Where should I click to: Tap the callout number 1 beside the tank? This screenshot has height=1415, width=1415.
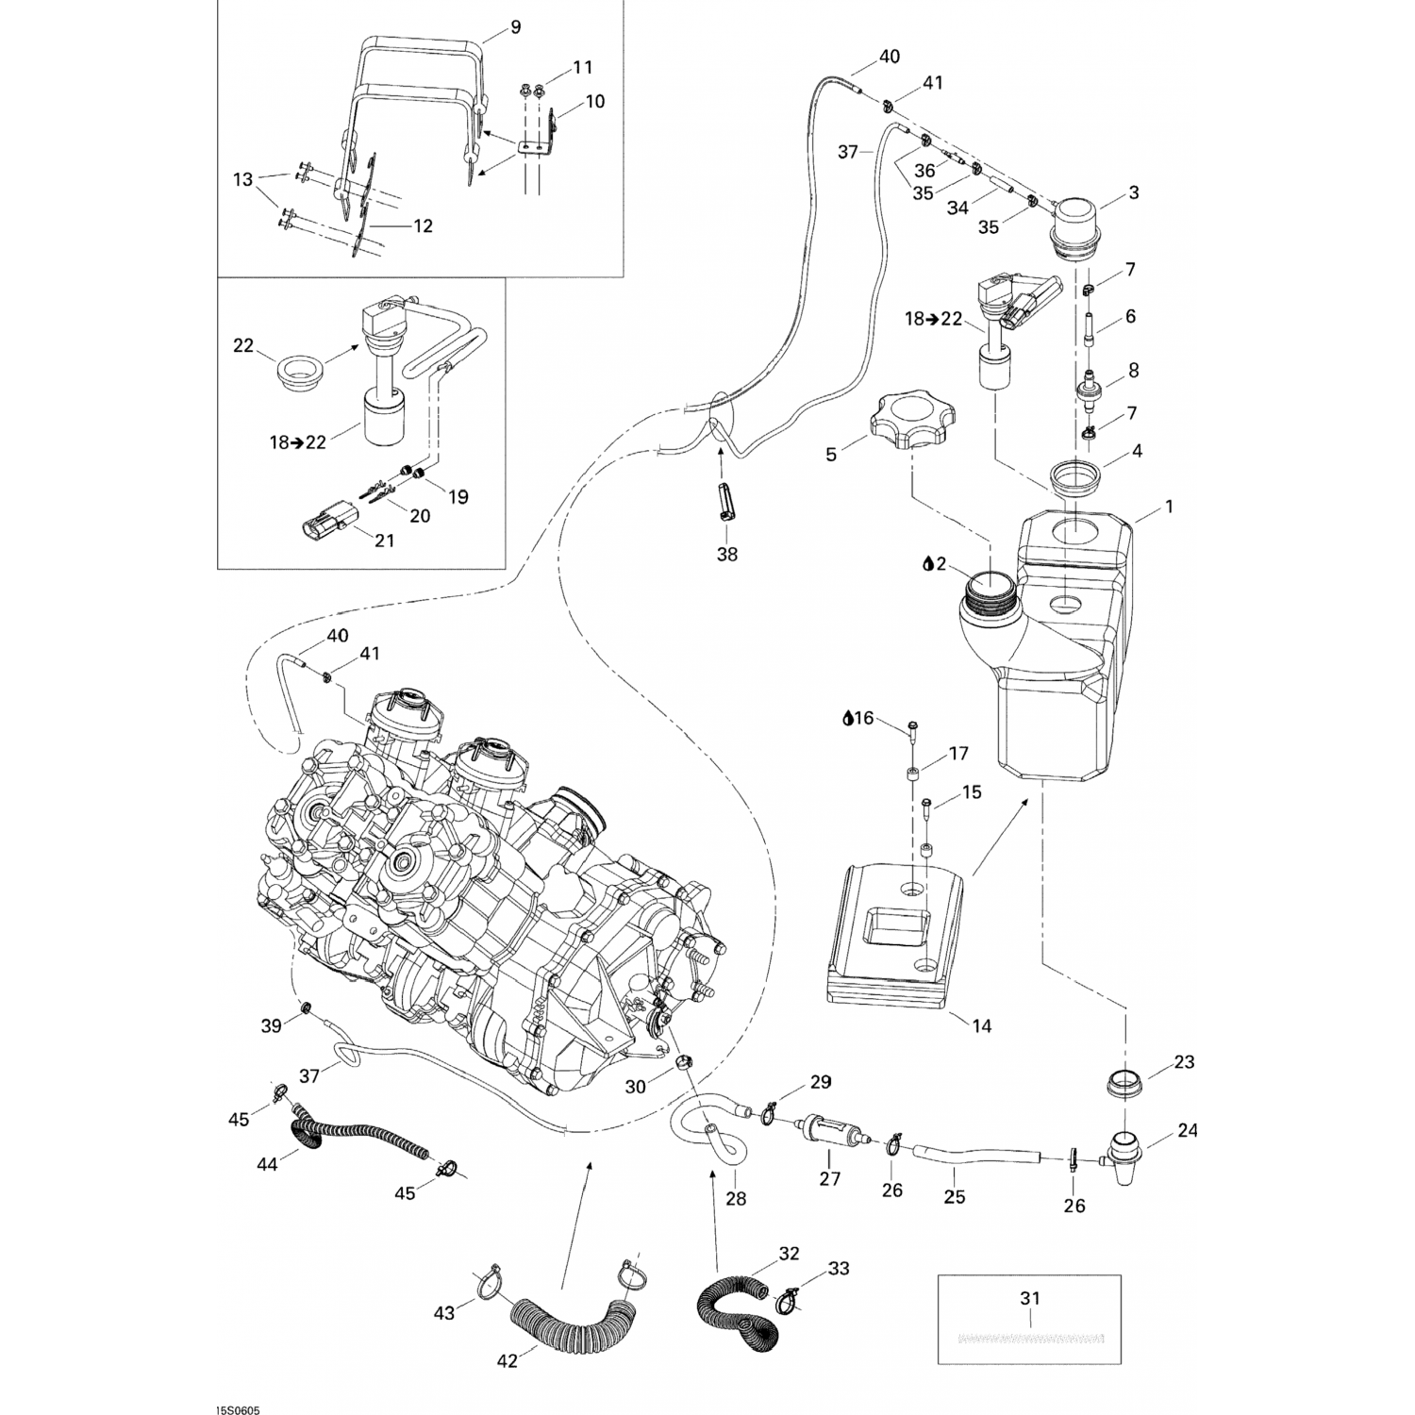tap(1169, 507)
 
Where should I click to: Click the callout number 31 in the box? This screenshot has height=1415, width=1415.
tap(1030, 1298)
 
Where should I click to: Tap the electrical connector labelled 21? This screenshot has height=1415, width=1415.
tap(325, 521)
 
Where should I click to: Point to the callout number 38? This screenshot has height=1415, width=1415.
tap(726, 555)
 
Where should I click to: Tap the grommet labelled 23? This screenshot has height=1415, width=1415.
tap(1124, 1084)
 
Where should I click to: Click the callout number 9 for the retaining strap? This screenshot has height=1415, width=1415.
tap(515, 26)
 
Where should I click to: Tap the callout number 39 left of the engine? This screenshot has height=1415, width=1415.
tap(272, 1025)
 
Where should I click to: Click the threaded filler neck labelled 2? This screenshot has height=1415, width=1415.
tap(987, 595)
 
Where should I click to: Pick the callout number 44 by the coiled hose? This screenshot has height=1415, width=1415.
tap(267, 1164)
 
